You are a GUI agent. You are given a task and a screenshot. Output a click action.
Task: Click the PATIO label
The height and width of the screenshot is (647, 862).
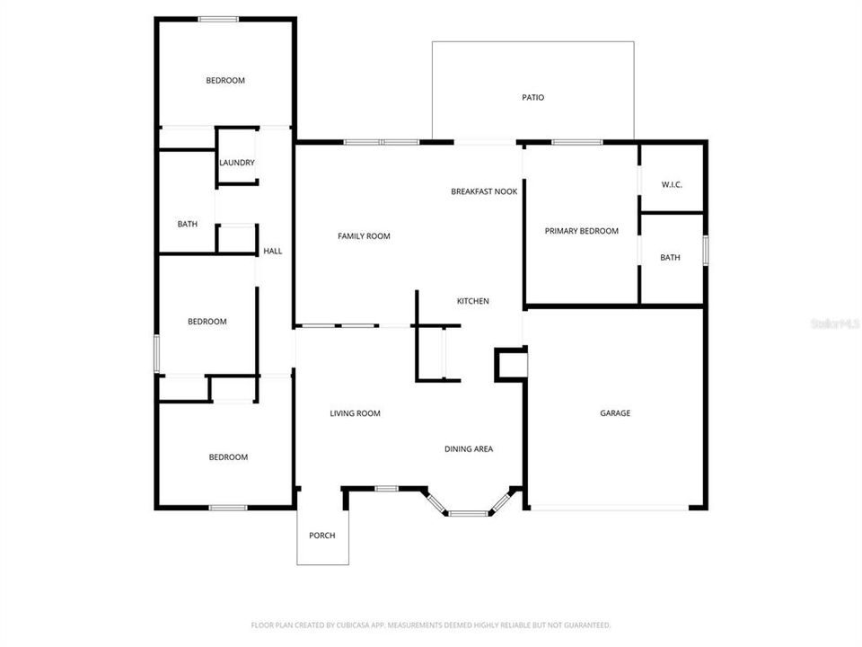tap(533, 97)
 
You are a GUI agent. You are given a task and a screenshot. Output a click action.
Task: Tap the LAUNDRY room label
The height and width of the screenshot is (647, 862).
tap(237, 163)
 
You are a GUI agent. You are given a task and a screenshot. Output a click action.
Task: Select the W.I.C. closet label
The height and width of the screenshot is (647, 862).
tap(672, 185)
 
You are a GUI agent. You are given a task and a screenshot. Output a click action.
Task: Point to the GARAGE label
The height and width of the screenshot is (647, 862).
tap(615, 413)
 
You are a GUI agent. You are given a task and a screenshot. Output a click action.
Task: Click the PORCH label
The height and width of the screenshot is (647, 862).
tap(321, 536)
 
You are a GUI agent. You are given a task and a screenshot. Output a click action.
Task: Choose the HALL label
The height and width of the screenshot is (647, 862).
tap(272, 251)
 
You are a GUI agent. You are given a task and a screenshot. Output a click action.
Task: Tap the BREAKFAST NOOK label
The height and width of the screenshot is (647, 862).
tap(484, 191)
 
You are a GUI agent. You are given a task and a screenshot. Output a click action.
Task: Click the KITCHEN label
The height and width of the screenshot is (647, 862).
tap(473, 301)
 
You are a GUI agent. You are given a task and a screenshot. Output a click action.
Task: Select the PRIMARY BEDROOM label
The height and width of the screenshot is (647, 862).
tap(582, 231)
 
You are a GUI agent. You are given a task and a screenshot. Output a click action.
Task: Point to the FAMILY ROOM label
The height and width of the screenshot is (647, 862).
tap(364, 236)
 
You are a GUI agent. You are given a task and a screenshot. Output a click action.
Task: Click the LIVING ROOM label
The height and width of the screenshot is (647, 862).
tap(355, 413)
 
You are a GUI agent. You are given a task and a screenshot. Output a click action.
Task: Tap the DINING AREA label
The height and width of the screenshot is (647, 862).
tap(469, 449)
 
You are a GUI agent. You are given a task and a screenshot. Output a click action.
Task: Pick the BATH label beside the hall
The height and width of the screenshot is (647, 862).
tap(188, 224)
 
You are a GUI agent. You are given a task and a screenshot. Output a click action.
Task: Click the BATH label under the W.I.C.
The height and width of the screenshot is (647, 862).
tap(670, 258)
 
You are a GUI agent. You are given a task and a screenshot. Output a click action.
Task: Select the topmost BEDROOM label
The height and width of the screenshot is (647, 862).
tap(225, 81)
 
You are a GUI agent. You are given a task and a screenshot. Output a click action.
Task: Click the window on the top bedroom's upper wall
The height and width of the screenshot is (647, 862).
tap(218, 19)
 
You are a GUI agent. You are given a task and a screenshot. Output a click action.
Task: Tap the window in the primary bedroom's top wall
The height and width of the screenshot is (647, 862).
tap(576, 142)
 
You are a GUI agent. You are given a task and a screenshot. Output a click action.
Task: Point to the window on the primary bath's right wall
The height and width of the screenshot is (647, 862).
tap(706, 250)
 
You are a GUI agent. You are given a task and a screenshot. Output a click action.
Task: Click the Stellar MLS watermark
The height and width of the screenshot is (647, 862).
tap(834, 322)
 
